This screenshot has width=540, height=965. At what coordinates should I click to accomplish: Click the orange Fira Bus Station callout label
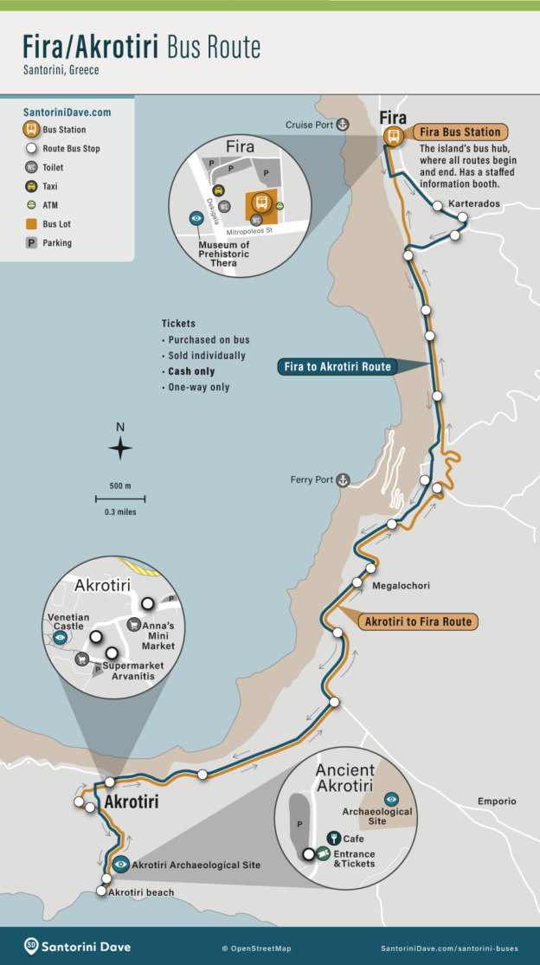click(x=459, y=132)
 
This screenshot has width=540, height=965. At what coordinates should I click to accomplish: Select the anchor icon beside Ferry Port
click(x=343, y=479)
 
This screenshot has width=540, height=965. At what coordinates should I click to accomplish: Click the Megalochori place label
click(x=401, y=586)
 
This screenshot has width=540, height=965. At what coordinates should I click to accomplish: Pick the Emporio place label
click(x=497, y=801)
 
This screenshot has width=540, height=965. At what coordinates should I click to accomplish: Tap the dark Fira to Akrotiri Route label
click(x=337, y=367)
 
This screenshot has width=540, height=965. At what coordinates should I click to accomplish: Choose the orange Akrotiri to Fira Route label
click(x=418, y=621)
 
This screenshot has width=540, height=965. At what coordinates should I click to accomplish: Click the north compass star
click(x=120, y=448)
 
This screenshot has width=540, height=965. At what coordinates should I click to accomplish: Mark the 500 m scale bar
click(x=120, y=499)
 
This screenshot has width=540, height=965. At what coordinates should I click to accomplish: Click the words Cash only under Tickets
click(x=191, y=371)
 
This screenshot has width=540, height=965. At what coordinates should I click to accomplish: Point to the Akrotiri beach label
click(x=141, y=892)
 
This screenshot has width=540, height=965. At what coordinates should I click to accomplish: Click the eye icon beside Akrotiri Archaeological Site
click(x=121, y=865)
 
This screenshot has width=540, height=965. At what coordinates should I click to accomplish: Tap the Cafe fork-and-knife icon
click(x=333, y=838)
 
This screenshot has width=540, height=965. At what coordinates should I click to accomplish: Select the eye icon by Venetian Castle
click(x=60, y=637)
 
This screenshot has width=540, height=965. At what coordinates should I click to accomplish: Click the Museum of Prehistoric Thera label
click(x=221, y=254)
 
